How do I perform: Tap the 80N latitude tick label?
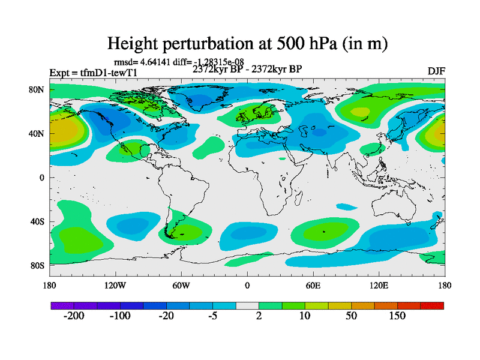[37, 89]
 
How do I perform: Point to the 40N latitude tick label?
[37, 134]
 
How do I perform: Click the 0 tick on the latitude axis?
[43, 178]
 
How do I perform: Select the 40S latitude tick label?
[37, 221]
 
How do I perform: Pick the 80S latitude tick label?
[37, 265]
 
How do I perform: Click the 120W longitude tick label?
[115, 285]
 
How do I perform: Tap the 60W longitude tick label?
[181, 285]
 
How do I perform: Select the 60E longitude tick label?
[313, 285]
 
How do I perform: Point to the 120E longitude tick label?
[379, 285]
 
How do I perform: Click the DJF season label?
[436, 71]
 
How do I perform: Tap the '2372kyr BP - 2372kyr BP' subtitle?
[247, 69]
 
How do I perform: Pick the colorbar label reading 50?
[352, 317]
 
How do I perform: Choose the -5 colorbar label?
[213, 317]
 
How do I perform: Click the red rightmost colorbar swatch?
[432, 305]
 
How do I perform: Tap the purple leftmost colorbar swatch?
[62, 305]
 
